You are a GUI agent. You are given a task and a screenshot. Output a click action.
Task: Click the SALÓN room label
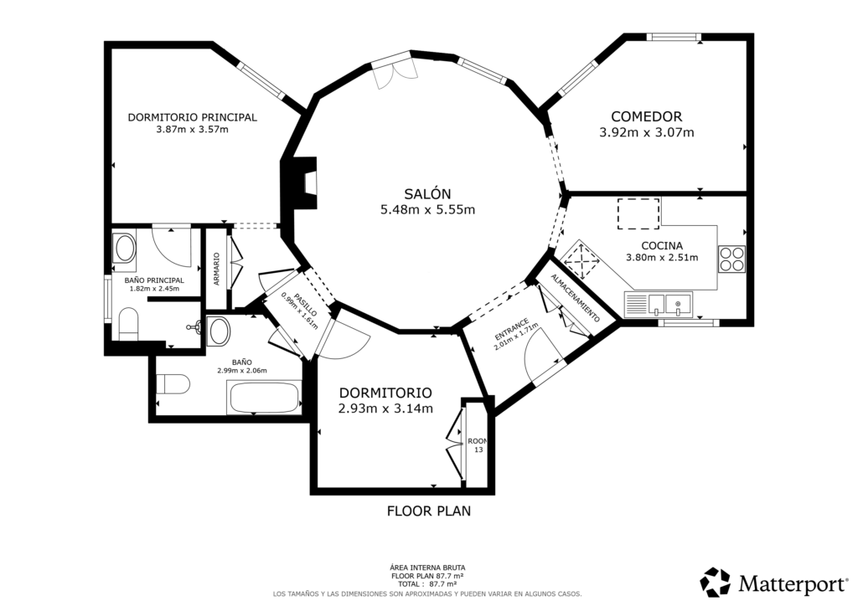[x=427, y=192]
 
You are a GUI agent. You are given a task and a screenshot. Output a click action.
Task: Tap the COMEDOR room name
[x=646, y=117]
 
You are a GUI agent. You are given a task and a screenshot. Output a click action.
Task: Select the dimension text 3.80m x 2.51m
[x=662, y=258]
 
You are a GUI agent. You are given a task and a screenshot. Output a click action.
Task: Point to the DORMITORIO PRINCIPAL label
[x=192, y=117]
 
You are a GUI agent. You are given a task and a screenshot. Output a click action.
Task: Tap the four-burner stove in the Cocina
[x=731, y=258]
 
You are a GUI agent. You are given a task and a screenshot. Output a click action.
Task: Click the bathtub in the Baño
[x=264, y=397]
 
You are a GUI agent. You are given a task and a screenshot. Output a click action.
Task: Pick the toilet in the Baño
[x=173, y=385]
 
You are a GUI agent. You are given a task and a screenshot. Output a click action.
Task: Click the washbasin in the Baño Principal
[x=126, y=248]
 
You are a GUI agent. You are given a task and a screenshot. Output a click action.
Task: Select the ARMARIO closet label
[x=216, y=270]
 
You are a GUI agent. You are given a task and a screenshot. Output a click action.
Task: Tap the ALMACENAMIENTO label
[x=576, y=300]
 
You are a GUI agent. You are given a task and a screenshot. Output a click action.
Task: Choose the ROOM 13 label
[x=478, y=445]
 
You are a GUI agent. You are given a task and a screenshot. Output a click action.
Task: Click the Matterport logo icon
[x=716, y=582]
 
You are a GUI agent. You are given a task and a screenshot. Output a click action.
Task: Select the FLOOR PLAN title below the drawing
[x=428, y=511]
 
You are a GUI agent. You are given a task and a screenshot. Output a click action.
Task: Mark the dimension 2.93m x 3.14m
[x=385, y=408]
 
